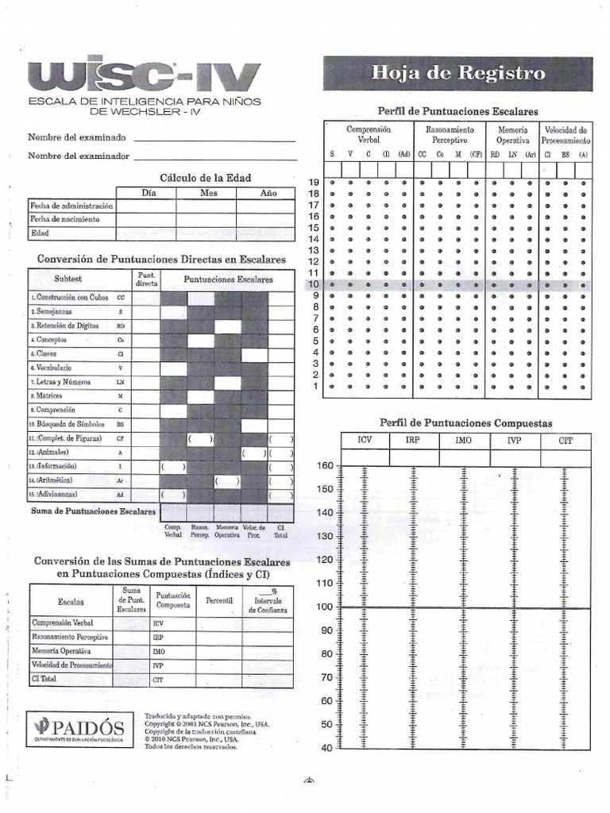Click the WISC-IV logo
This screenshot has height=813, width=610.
click(144, 77)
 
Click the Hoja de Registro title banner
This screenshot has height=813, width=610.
click(457, 73)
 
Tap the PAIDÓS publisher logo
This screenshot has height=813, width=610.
click(79, 726)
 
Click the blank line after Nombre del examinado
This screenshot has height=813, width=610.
click(214, 137)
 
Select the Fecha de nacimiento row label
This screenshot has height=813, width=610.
click(64, 219)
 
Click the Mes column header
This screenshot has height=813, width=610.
click(208, 193)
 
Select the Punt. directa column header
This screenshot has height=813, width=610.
click(146, 279)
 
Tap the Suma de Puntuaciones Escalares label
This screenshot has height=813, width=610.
click(93, 512)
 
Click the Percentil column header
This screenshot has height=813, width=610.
click(218, 601)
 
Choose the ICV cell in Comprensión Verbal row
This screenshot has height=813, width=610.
click(172, 623)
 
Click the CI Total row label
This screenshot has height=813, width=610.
click(47, 680)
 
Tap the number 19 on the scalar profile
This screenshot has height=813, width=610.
click(313, 183)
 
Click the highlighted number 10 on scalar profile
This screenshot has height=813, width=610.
click(313, 284)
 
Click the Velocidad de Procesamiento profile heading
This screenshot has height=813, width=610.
click(565, 134)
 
